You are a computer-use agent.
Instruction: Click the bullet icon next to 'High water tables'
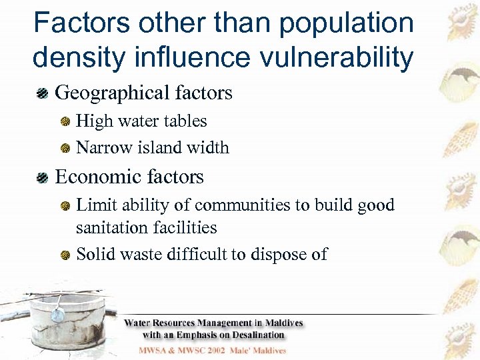click(x=66, y=122)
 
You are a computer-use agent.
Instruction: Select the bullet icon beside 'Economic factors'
click(x=43, y=177)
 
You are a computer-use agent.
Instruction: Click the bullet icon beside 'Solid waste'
click(x=66, y=255)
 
